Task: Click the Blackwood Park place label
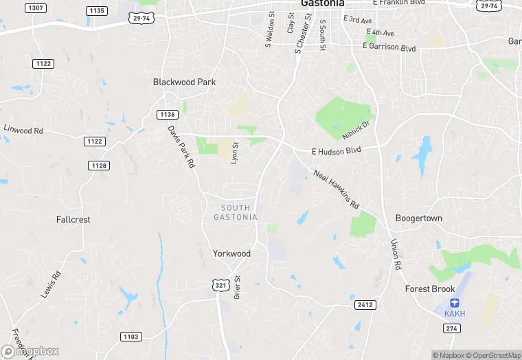(184, 82)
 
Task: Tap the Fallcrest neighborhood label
(73, 220)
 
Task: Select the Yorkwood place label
(231, 254)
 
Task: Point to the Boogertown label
(418, 218)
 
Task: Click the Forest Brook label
(430, 289)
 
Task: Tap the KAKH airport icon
(453, 303)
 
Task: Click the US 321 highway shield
(219, 284)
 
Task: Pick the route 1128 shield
(99, 166)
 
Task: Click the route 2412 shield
(365, 304)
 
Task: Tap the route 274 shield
(452, 328)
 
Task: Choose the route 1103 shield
(130, 337)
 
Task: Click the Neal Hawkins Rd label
(337, 190)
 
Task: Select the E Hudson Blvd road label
(336, 150)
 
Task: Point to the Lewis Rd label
(51, 284)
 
